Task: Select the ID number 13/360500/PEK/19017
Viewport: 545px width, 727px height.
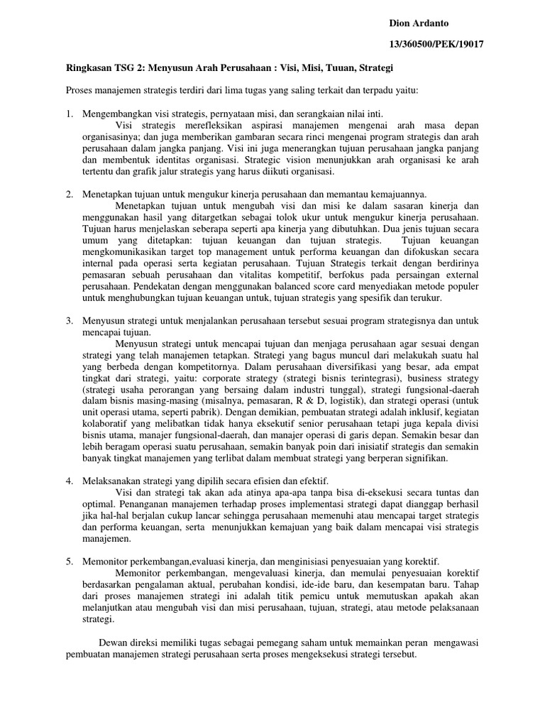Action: pos(436,44)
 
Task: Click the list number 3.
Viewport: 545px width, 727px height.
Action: pos(70,321)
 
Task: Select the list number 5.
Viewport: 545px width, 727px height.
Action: pos(70,561)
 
